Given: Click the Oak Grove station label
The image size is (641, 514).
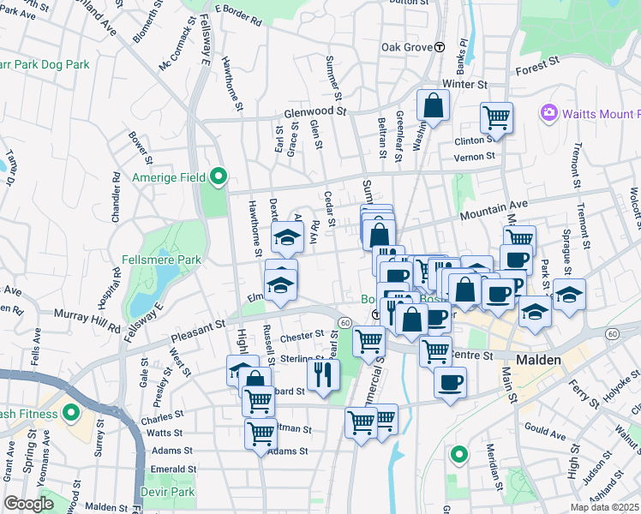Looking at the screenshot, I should [407, 47].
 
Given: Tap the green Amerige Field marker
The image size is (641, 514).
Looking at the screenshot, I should [219, 177].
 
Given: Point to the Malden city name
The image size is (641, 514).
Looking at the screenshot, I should [537, 361].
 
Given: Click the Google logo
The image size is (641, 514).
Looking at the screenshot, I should [28, 504].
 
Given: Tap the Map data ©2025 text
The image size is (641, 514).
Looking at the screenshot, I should [605, 507].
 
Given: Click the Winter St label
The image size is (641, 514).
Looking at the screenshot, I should [464, 85].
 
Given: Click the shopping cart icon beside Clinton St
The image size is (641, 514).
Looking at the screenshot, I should [496, 117].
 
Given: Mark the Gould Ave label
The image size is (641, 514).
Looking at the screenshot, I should [547, 435].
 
